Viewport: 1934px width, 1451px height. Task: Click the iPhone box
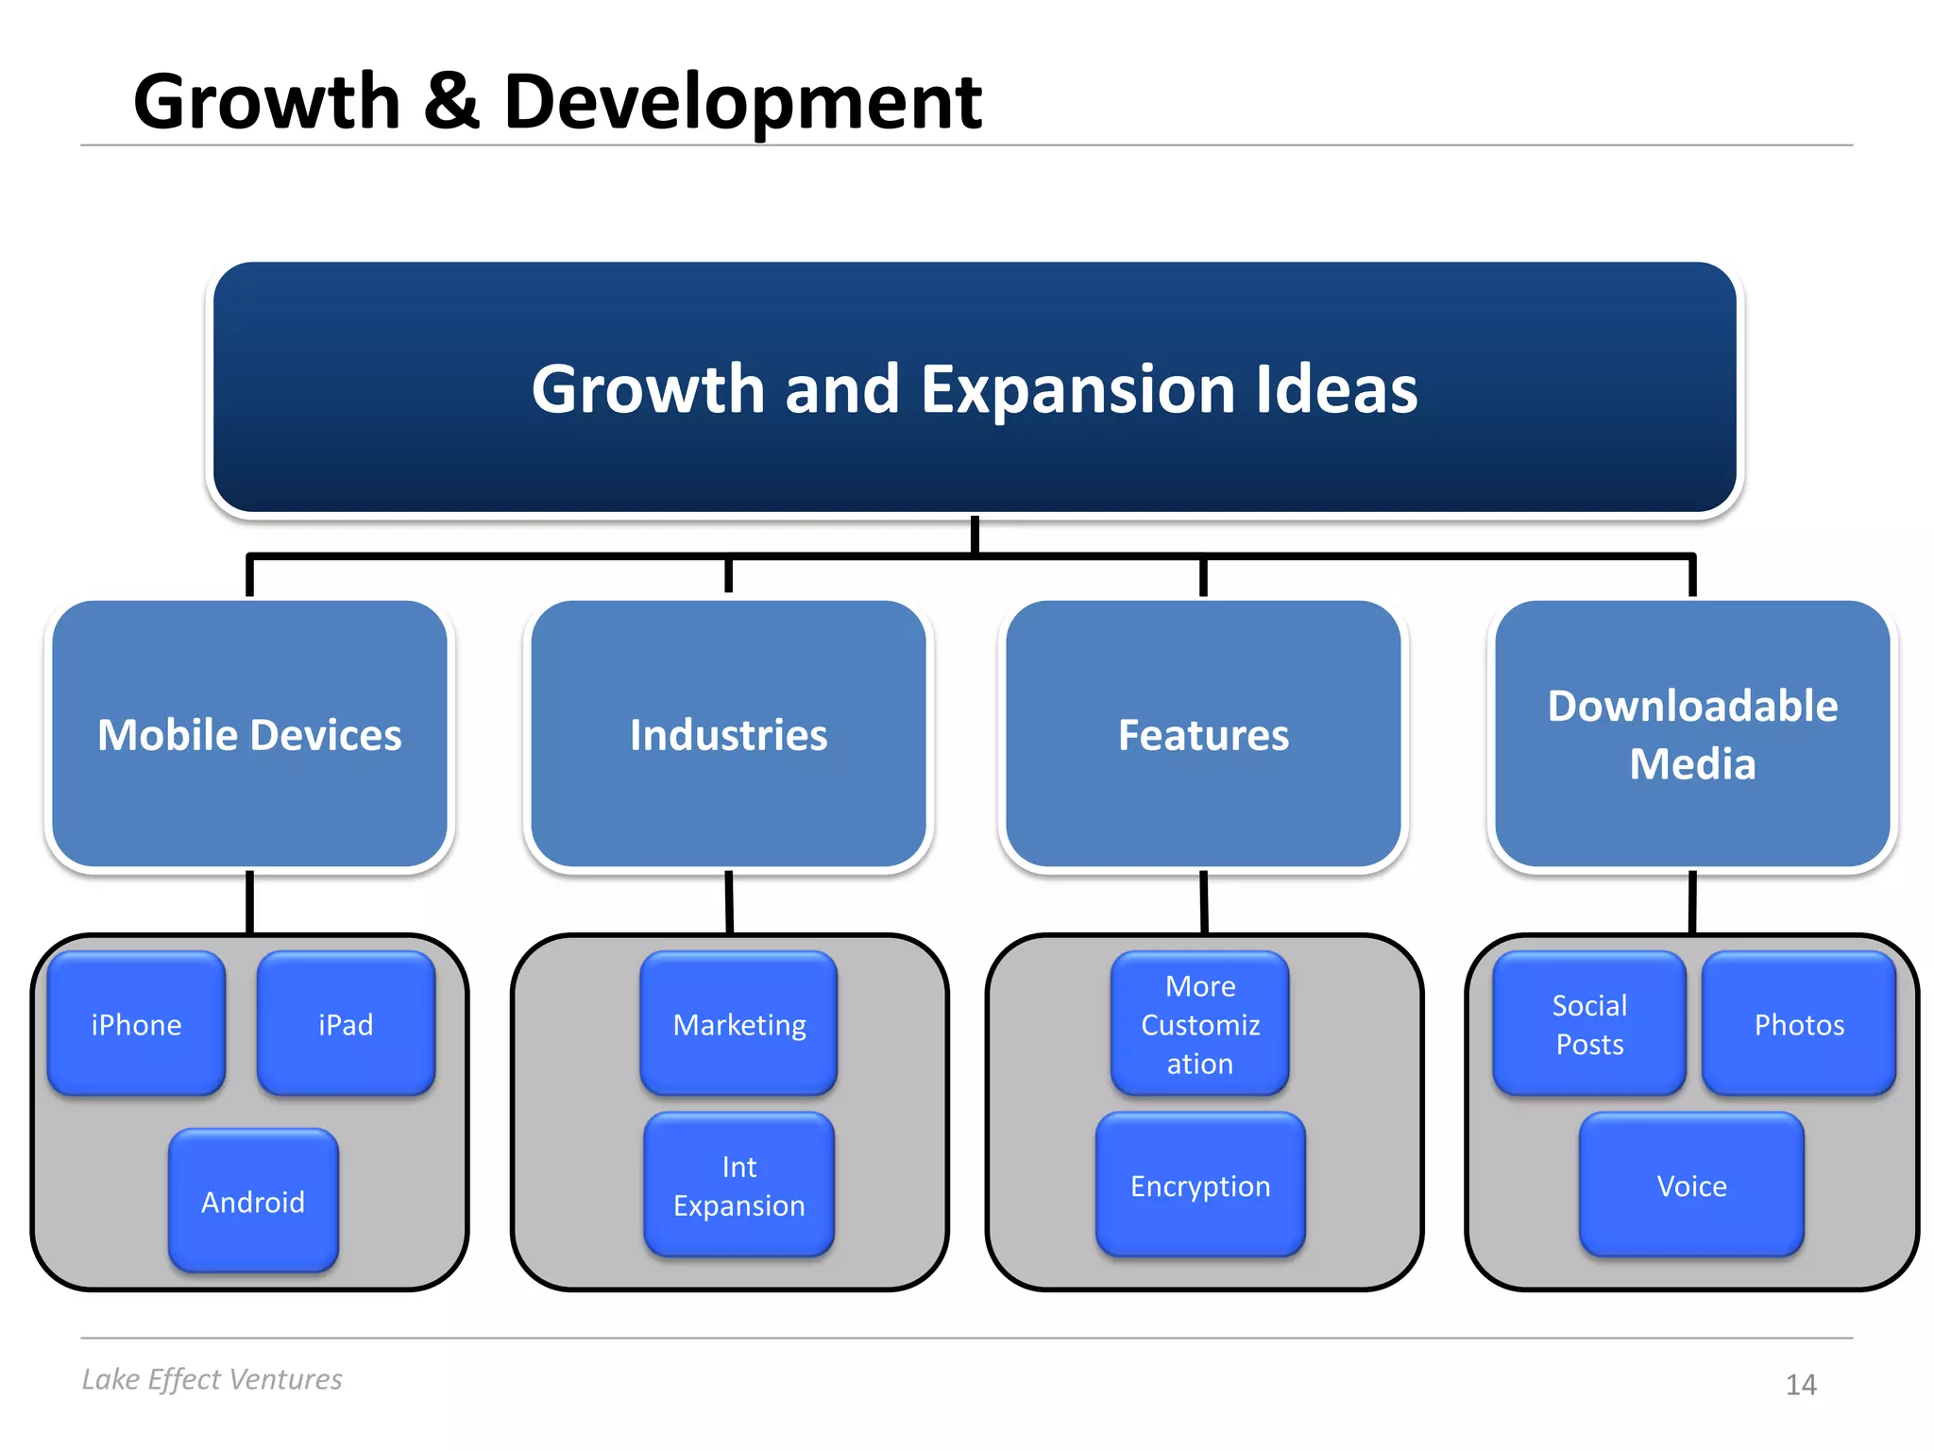(x=136, y=1024)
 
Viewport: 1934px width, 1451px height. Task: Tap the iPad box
(x=346, y=1024)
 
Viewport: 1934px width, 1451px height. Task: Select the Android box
(x=253, y=1201)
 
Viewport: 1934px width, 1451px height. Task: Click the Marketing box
(x=738, y=1024)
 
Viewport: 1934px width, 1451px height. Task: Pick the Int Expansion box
(x=738, y=1186)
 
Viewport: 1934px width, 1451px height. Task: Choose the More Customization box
(x=1199, y=1024)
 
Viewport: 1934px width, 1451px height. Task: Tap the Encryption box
(x=1199, y=1186)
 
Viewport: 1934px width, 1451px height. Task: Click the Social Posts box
(x=1589, y=1024)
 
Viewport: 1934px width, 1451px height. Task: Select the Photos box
(x=1799, y=1024)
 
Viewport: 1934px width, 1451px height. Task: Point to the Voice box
(x=1691, y=1186)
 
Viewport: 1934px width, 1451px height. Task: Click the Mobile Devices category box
(x=249, y=734)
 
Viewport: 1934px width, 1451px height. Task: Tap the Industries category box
(x=728, y=734)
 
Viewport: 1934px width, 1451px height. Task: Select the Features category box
(x=1203, y=734)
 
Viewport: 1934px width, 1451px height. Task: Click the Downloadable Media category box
(x=1692, y=734)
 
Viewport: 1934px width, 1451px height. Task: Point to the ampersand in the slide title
(x=451, y=101)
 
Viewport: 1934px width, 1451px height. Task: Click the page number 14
(x=1801, y=1385)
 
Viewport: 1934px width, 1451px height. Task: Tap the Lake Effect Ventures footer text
(x=212, y=1379)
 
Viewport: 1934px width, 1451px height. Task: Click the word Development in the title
(x=742, y=101)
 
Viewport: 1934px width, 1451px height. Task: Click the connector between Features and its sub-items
(x=1204, y=902)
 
